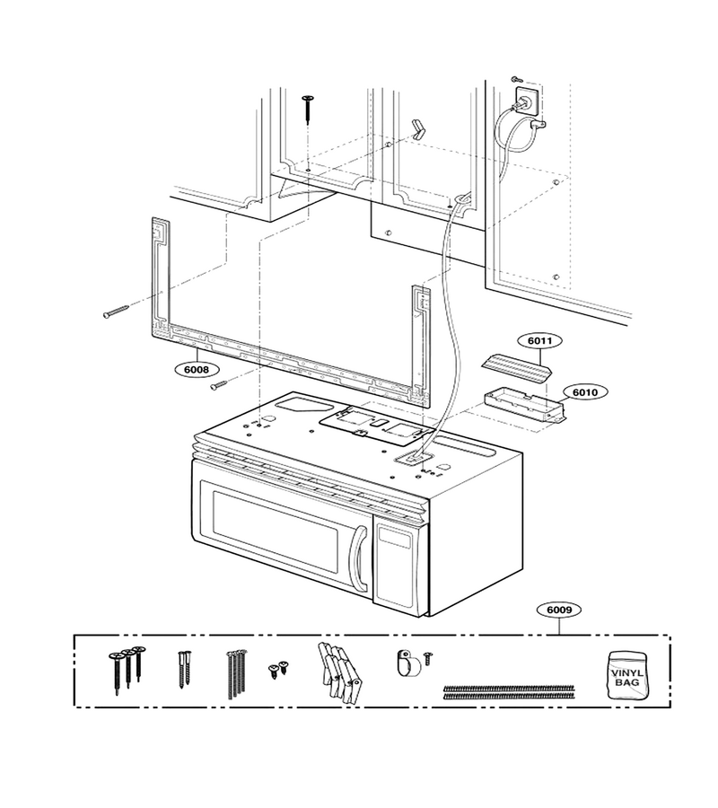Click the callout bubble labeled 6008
(197, 370)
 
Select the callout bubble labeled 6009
(559, 610)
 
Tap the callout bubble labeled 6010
(585, 392)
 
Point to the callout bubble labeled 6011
(539, 340)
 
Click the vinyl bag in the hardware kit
(626, 675)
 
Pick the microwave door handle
(358, 559)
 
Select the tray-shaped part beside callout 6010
(524, 407)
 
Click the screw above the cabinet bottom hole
(309, 109)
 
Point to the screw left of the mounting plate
(117, 312)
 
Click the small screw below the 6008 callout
(218, 384)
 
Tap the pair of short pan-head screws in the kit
(278, 668)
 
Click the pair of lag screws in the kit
(184, 670)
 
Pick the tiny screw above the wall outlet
(517, 79)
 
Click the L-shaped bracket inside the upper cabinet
(418, 128)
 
